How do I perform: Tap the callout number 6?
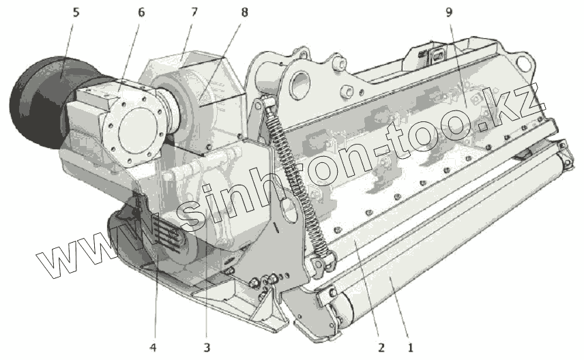pyautogui.click(x=141, y=12)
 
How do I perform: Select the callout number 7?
pyautogui.click(x=194, y=12)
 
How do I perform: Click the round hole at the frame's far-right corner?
pyautogui.click(x=524, y=65)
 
